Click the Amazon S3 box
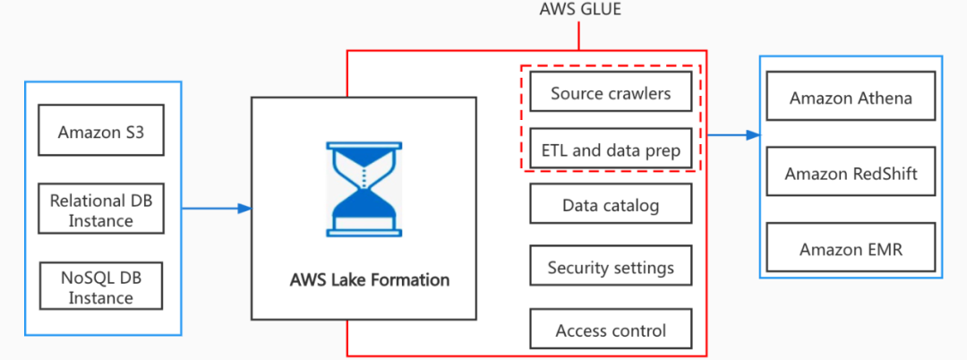(x=100, y=132)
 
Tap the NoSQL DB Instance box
(x=100, y=287)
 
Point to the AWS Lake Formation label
(x=369, y=279)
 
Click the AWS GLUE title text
(x=579, y=10)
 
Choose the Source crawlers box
(x=611, y=93)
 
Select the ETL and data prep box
(x=611, y=150)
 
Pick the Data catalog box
(x=611, y=205)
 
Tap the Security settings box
(x=611, y=267)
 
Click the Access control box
(x=611, y=330)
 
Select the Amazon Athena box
(x=851, y=98)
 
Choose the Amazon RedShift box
(x=851, y=174)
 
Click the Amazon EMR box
(x=851, y=249)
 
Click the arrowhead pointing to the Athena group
(x=754, y=135)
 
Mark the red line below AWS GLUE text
(x=579, y=36)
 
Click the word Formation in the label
(x=408, y=279)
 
